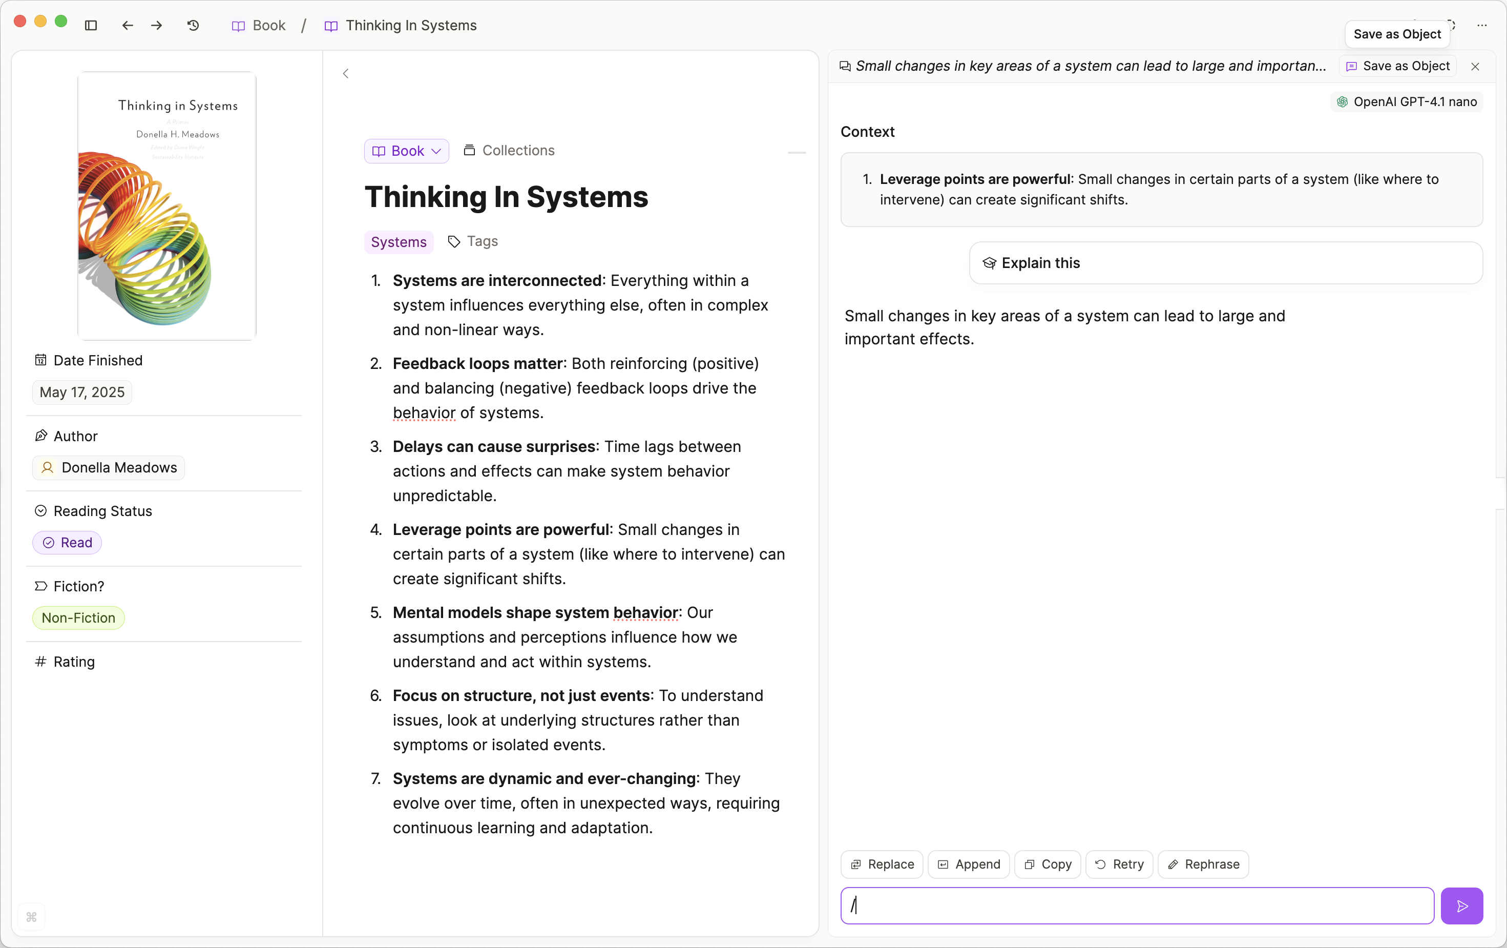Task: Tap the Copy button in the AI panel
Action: [x=1048, y=864]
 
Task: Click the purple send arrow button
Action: [x=1461, y=905]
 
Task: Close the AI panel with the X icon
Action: [x=1475, y=67]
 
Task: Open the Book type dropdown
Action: [x=407, y=151]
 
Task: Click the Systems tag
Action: [x=399, y=242]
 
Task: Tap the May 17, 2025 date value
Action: [x=82, y=392]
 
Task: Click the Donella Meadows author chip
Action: [x=109, y=468]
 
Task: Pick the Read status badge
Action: [x=67, y=542]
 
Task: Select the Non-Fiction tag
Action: [x=78, y=617]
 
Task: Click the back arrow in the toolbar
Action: [x=128, y=25]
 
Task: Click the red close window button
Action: [x=20, y=22]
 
